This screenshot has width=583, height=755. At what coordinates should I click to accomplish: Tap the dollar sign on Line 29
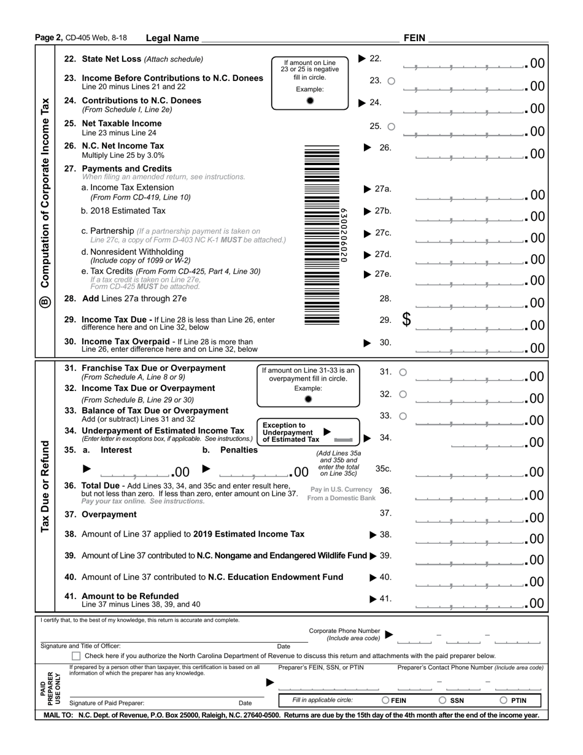pyautogui.click(x=406, y=320)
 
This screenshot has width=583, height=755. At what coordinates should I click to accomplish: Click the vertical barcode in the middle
pyautogui.click(x=322, y=236)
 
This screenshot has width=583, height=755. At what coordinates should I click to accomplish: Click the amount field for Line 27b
pyautogui.click(x=469, y=215)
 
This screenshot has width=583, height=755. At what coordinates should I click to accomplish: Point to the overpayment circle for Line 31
pyautogui.click(x=403, y=372)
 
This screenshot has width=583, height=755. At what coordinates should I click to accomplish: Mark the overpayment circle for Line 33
pyautogui.click(x=403, y=416)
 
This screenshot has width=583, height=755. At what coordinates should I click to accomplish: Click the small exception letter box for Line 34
pyautogui.click(x=343, y=440)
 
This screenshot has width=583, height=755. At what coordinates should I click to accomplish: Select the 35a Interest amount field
pyautogui.click(x=135, y=472)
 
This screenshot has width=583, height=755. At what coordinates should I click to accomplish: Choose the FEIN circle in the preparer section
pyautogui.click(x=385, y=700)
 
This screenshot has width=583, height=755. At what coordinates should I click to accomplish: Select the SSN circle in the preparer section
pyautogui.click(x=442, y=700)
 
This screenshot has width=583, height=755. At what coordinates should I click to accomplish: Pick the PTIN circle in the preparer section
pyautogui.click(x=503, y=700)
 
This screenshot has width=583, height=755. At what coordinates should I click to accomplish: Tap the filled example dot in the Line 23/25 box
pyautogui.click(x=310, y=101)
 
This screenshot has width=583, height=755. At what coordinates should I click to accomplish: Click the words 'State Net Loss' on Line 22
pyautogui.click(x=111, y=60)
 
